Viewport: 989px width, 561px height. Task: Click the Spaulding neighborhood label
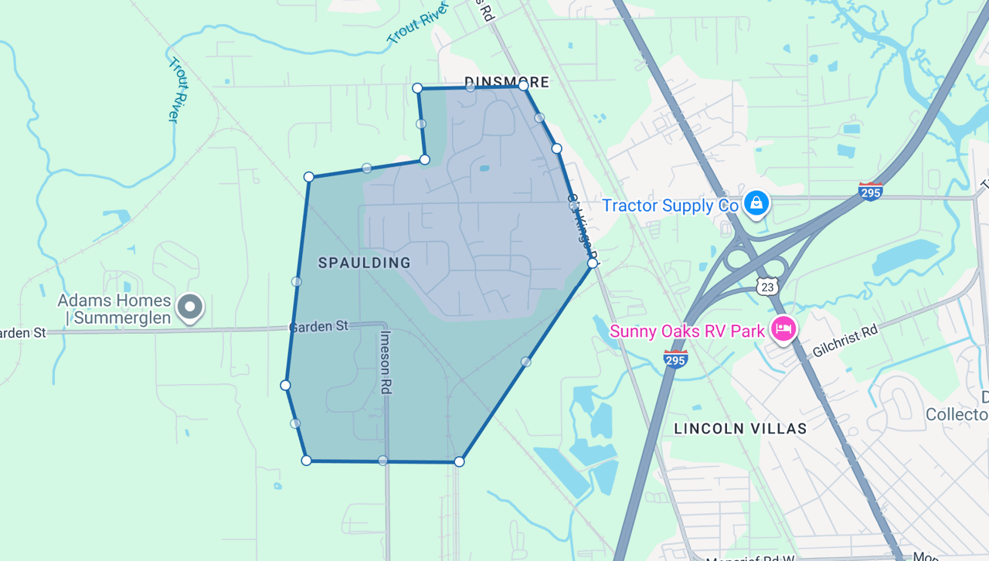click(364, 263)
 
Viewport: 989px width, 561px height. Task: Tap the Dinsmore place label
click(506, 82)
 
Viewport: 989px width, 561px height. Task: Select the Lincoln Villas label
click(740, 428)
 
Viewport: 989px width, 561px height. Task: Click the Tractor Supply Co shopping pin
click(756, 203)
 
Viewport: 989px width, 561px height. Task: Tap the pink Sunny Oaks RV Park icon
click(783, 331)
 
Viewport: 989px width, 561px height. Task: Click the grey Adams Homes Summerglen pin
click(189, 307)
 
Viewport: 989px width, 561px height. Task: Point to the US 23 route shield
click(767, 286)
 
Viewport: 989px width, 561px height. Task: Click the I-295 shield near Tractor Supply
click(871, 191)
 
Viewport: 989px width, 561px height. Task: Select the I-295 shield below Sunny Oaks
click(675, 358)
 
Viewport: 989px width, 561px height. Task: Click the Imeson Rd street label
click(386, 362)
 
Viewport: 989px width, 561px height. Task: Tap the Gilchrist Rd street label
click(845, 341)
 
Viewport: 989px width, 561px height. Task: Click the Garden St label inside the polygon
click(318, 327)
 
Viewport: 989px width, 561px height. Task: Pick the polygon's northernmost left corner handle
click(417, 88)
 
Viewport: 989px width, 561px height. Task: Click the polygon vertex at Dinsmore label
click(523, 86)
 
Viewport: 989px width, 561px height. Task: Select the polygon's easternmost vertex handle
click(593, 263)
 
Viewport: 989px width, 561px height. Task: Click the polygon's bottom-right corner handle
click(459, 462)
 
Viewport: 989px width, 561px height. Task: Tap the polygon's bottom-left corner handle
click(306, 461)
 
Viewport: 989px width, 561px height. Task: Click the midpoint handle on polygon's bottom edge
click(382, 461)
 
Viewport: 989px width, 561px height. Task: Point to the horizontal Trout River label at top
click(417, 23)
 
